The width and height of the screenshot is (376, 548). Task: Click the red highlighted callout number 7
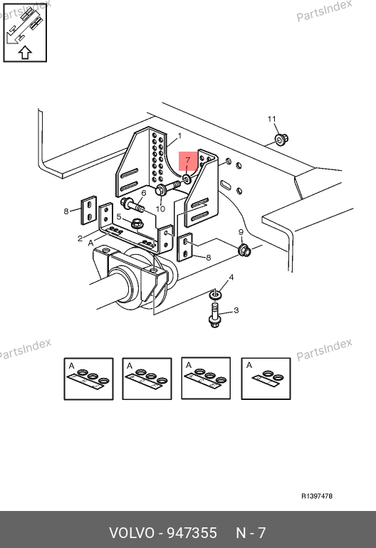(x=188, y=160)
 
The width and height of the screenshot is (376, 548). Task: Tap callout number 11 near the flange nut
(x=272, y=119)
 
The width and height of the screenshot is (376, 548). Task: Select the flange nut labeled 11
(x=281, y=139)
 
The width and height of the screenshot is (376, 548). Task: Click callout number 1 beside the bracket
(x=179, y=136)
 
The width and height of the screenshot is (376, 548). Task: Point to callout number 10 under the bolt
(x=160, y=209)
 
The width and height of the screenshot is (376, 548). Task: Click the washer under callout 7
(x=187, y=179)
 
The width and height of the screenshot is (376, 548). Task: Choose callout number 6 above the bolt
(x=143, y=194)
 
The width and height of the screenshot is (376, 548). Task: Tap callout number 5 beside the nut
(x=119, y=217)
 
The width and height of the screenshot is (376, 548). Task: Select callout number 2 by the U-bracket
(x=80, y=238)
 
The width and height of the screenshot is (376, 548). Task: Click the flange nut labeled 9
(x=244, y=251)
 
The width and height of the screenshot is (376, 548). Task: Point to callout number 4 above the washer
(x=231, y=278)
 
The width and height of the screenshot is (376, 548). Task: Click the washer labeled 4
(x=216, y=295)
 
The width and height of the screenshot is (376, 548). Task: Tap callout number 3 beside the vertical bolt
(x=236, y=310)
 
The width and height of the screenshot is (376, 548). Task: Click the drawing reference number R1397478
(x=317, y=496)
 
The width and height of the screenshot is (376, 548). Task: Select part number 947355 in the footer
(x=192, y=533)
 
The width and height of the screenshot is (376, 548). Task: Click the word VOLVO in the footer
(x=132, y=533)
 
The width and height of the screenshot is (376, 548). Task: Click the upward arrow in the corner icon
(x=25, y=53)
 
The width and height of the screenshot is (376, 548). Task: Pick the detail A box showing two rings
(x=266, y=379)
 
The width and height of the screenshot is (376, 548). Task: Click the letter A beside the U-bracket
(x=91, y=243)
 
